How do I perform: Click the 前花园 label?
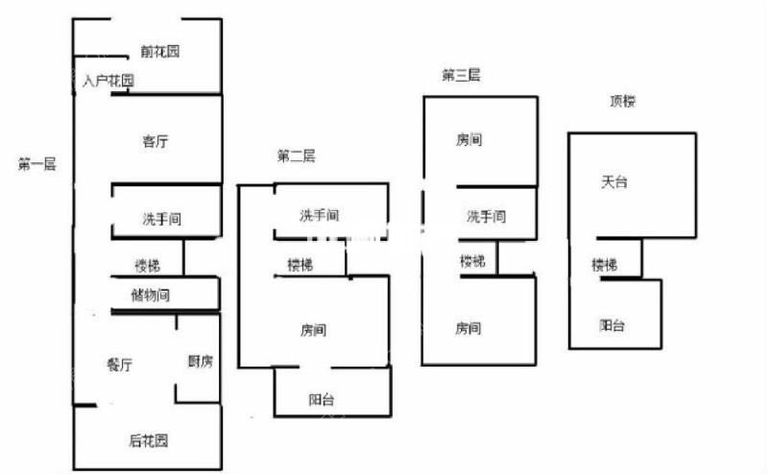coord(159,51)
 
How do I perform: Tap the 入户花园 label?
coord(108,81)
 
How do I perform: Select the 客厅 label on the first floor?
coord(156,141)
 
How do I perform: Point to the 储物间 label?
coord(151,296)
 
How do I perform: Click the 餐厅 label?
coord(119,365)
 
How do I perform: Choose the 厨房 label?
coord(201,362)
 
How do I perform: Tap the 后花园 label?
coord(149,440)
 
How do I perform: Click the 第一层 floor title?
coord(36,164)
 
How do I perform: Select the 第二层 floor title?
coord(297,156)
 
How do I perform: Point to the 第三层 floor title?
coord(461,76)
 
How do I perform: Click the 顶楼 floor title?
coord(622,101)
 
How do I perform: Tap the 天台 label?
coord(614,182)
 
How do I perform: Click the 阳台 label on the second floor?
coord(322,400)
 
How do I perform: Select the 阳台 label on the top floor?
coord(612,325)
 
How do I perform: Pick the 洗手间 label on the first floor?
coord(162,219)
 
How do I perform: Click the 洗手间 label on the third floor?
coord(486,217)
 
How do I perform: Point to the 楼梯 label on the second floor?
coord(300,266)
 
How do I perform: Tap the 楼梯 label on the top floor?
coord(605,265)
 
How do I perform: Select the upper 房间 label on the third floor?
coord(469,140)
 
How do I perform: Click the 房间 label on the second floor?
coord(314,330)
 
